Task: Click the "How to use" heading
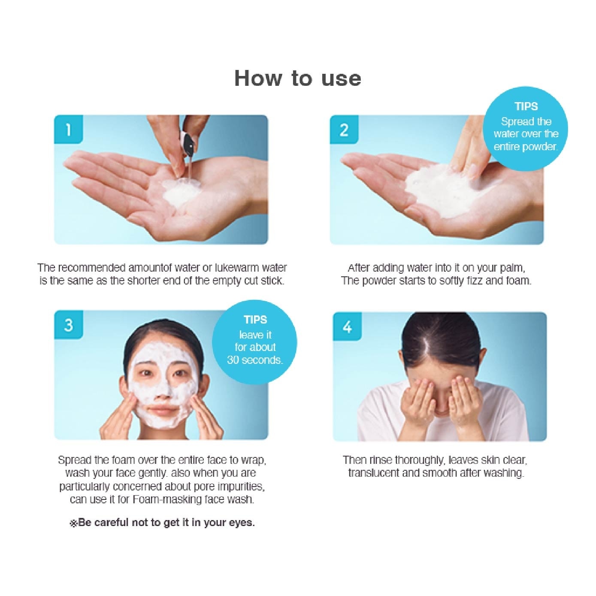297,78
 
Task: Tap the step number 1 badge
68,129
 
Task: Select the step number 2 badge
344,129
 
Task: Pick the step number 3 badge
68,325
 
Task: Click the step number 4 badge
347,327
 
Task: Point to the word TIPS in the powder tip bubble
526,106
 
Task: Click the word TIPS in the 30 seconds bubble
255,320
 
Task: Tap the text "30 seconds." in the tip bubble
255,360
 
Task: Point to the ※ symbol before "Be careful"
73,523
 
